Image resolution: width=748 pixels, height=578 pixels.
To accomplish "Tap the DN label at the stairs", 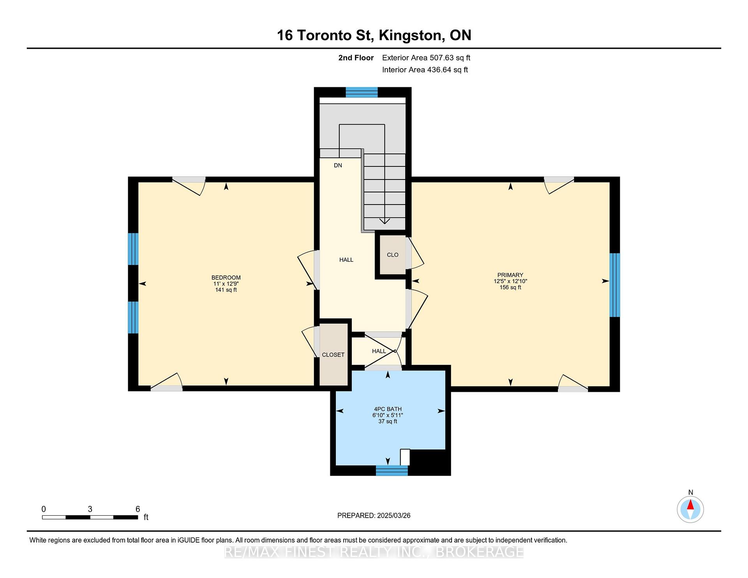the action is coord(338,166).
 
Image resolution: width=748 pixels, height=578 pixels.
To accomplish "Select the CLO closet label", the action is coord(392,255).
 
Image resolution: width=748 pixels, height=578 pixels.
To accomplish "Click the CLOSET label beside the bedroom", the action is coord(333,355).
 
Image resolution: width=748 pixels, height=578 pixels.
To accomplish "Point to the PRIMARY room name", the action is coord(510,275).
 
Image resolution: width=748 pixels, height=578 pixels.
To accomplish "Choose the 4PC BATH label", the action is coord(388,409).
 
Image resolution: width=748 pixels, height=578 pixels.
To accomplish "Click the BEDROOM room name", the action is coord(226,278).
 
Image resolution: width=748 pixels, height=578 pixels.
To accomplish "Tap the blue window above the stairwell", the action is coord(362,92).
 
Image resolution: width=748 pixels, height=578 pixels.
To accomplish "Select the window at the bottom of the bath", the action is coord(392,471).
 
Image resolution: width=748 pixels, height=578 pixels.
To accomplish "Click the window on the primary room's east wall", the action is coord(615,285).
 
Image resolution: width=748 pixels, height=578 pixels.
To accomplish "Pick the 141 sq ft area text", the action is coord(226,290).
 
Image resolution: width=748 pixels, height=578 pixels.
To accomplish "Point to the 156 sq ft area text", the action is coord(510,287).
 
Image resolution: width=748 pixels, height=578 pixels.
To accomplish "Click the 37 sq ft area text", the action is coord(388,421).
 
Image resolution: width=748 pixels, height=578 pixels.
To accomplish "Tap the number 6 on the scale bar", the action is coord(138,509).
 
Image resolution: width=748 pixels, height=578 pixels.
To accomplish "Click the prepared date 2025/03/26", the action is coord(394,516).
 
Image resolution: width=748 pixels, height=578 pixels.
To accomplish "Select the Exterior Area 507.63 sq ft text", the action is coord(426,58).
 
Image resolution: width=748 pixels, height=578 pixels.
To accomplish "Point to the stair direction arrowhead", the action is coord(385,221).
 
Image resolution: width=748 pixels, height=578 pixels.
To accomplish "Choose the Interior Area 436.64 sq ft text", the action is coord(425,70).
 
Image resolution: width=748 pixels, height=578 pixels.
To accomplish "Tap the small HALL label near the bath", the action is coord(379,351).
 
